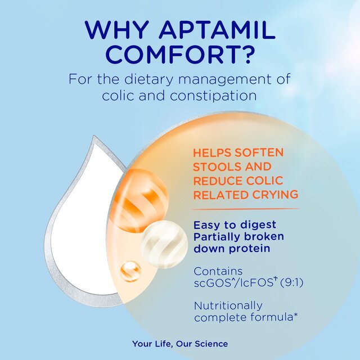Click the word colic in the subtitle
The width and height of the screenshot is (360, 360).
(118, 95)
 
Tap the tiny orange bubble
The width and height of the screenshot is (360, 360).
(130, 272)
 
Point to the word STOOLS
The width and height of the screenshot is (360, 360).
(216, 167)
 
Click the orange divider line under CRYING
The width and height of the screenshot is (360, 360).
(245, 209)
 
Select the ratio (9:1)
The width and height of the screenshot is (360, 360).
(290, 283)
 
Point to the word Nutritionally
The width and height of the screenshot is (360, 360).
(228, 305)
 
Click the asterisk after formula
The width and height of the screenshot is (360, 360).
(295, 316)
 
